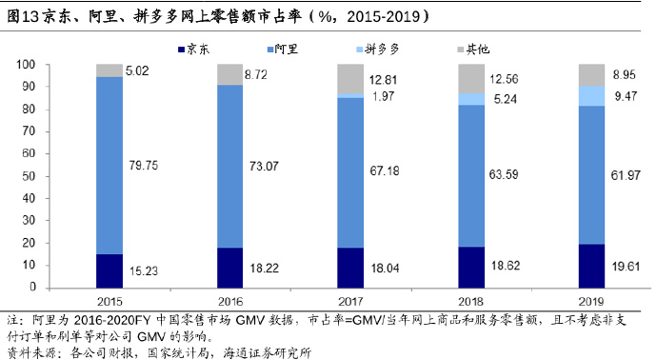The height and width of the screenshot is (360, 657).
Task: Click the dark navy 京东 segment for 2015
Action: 109,270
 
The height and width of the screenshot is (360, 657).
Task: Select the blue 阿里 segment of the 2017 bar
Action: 350,172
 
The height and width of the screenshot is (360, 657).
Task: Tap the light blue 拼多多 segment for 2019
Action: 591,96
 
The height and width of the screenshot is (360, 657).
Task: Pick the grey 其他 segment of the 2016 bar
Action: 229,74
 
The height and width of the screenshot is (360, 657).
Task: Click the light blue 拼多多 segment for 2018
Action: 471,99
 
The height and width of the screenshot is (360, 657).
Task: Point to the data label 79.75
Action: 143,166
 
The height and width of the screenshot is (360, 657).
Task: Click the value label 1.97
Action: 383,96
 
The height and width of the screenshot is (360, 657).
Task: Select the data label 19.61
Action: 626,266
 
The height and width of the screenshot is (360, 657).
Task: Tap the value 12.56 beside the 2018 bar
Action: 504,79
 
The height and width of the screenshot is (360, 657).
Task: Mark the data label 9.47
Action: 626,96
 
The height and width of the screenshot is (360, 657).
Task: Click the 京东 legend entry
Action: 194,50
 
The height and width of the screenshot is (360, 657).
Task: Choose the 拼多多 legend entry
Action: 377,50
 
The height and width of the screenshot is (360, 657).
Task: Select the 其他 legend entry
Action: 473,50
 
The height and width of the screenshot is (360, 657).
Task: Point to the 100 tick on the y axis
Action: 26,65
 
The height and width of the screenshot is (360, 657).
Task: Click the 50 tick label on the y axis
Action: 29,176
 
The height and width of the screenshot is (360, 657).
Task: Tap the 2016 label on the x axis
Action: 230,301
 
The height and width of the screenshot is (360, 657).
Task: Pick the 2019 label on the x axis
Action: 591,301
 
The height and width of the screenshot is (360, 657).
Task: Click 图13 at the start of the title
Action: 23,16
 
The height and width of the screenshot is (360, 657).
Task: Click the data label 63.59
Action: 504,174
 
